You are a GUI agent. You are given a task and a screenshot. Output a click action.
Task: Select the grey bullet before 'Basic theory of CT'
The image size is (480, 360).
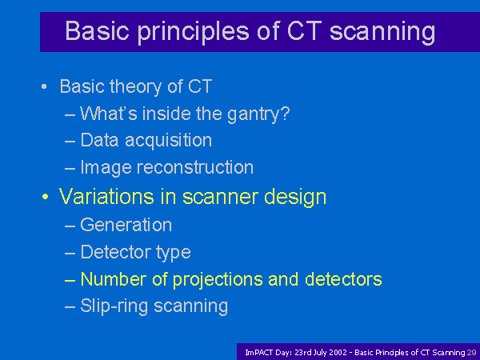tap(44, 86)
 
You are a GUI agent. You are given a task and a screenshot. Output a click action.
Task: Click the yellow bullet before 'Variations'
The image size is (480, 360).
tap(45, 197)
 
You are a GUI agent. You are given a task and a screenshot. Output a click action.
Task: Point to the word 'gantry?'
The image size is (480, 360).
tap(258, 114)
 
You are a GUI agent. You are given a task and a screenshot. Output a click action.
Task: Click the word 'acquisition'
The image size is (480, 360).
tap(168, 141)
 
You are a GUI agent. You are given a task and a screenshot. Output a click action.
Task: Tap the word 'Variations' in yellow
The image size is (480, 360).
tap(106, 196)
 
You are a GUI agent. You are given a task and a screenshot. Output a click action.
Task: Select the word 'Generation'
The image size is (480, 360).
tap(126, 225)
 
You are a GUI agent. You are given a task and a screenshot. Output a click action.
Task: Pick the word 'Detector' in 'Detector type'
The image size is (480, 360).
tap(116, 252)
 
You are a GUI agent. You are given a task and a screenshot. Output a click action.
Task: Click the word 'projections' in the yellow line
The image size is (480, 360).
tap(218, 280)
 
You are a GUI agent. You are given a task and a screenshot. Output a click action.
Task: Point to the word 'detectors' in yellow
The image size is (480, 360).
tap(343, 279)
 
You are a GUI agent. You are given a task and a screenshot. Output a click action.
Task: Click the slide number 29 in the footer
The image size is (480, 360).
tap(472, 353)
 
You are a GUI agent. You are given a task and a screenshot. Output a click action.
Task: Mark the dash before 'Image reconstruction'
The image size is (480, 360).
tap(70, 168)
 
